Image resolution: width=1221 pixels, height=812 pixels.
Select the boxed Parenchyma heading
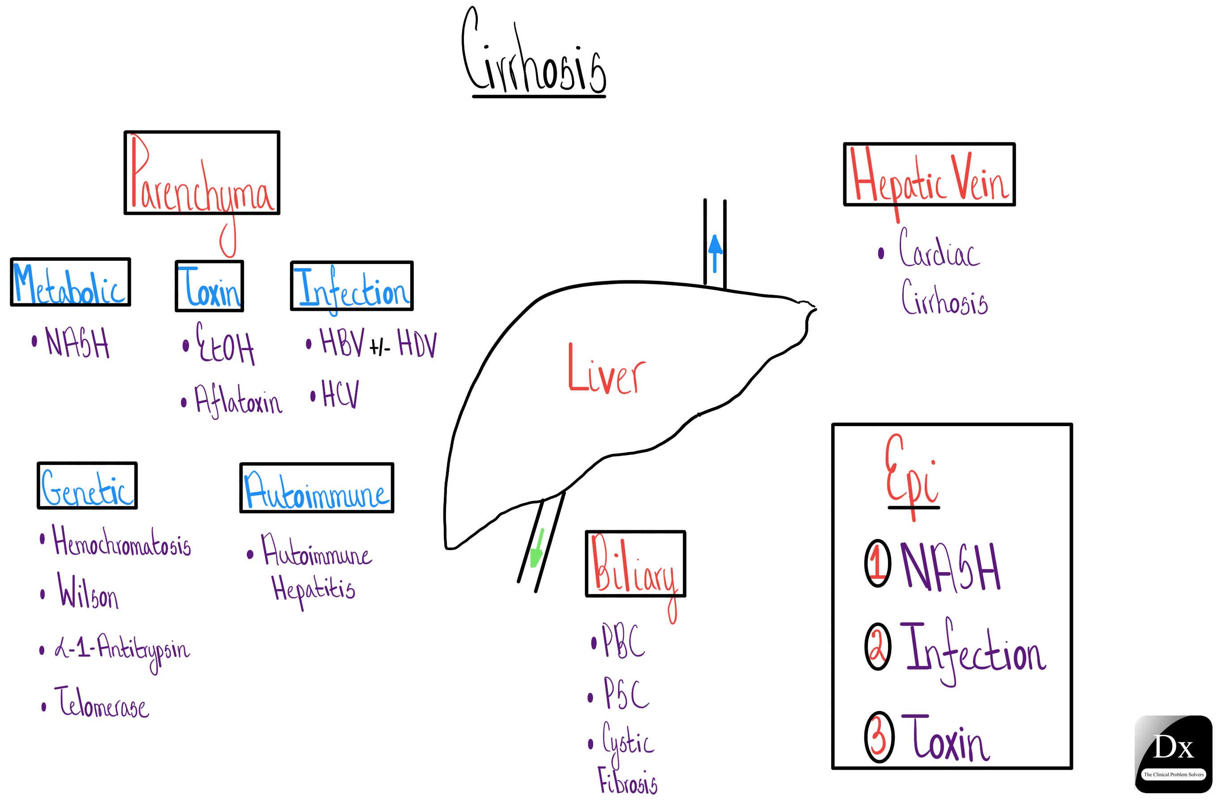[x=202, y=173]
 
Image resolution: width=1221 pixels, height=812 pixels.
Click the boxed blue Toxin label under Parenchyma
[x=209, y=286]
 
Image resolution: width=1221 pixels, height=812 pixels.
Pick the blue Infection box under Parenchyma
[x=352, y=286]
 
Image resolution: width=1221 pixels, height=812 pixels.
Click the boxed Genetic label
[x=87, y=486]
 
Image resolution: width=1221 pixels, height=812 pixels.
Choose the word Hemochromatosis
[x=121, y=542]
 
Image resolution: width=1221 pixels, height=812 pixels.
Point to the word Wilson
[x=88, y=592]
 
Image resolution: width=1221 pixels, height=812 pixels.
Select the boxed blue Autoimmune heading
[x=316, y=488]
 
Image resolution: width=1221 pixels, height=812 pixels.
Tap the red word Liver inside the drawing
[x=606, y=370]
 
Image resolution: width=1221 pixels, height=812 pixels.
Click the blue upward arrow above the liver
[x=715, y=252]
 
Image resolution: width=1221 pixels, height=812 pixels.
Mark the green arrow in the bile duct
[x=537, y=549]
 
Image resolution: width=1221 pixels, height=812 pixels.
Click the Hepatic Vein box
[x=929, y=175]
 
